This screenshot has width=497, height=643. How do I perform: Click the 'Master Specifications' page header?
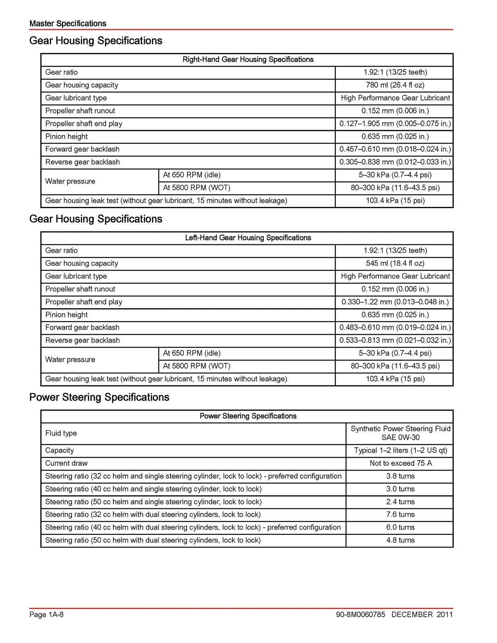[x=68, y=24]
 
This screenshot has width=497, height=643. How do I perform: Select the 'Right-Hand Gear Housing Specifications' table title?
[x=248, y=59]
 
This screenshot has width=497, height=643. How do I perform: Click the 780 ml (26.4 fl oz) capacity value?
[x=394, y=85]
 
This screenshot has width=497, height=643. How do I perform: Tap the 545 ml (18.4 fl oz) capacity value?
[x=394, y=263]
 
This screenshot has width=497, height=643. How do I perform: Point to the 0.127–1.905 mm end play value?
[x=395, y=123]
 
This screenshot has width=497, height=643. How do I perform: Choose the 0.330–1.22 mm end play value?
[x=395, y=302]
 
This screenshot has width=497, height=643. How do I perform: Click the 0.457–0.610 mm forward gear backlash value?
[x=395, y=149]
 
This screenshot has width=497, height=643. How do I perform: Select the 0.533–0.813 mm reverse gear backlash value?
[x=395, y=340]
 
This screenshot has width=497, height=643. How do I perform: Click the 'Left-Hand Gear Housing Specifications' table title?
[x=248, y=238]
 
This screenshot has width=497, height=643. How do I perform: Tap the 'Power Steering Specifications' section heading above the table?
[x=99, y=397]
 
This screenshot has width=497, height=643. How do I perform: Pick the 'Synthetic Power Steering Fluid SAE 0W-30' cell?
[x=400, y=433]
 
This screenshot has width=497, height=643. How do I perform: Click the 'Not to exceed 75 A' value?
[x=400, y=463]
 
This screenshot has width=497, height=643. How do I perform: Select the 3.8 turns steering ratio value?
[x=400, y=476]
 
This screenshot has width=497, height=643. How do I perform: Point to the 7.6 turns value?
[x=400, y=514]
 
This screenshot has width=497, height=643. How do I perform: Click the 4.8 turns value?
[x=400, y=540]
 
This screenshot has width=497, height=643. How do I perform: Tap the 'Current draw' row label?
[x=66, y=463]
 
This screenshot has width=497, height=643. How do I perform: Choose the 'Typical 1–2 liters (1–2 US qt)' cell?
[x=400, y=451]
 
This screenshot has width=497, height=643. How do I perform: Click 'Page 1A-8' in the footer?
[x=46, y=614]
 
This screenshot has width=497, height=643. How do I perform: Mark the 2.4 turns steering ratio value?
[x=400, y=502]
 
